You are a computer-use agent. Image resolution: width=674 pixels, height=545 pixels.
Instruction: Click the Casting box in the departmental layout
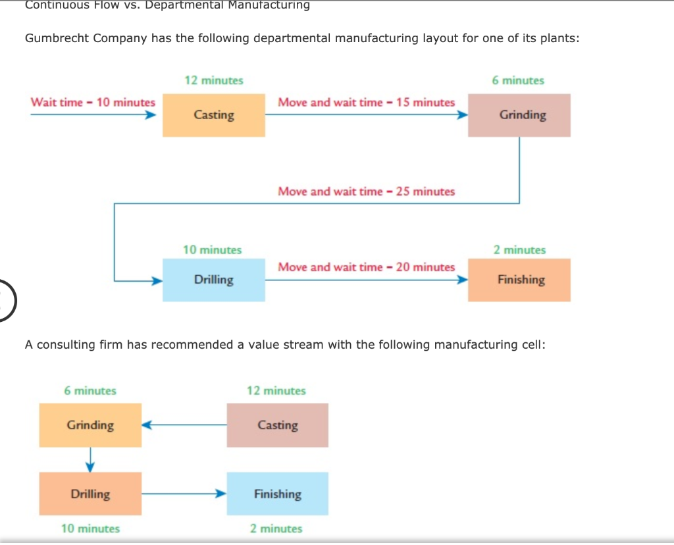point(214,115)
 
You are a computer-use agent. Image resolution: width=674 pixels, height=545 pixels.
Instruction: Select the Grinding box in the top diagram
point(519,115)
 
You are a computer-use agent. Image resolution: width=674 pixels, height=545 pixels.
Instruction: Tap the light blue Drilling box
point(214,280)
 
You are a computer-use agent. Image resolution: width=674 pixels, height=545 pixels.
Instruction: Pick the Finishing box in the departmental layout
point(519,280)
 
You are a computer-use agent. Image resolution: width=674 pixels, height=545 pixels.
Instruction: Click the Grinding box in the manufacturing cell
point(90,425)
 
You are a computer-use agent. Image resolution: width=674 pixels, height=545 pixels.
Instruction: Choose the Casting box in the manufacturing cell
point(277,425)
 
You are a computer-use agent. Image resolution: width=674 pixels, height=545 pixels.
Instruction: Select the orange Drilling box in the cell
point(90,494)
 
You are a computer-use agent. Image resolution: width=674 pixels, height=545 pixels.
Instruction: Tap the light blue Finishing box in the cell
point(277,494)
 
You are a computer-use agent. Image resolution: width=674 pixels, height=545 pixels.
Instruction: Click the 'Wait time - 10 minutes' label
point(93,103)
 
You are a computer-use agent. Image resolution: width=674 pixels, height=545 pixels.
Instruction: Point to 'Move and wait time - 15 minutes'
point(366,103)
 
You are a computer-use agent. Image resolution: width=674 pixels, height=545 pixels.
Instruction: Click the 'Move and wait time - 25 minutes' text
point(366,192)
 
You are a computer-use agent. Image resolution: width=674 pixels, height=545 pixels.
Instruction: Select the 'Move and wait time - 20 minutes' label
point(366,267)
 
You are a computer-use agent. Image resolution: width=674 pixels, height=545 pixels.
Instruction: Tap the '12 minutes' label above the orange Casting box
point(214,80)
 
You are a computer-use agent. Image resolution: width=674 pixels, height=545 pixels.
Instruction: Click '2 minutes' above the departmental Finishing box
point(519,250)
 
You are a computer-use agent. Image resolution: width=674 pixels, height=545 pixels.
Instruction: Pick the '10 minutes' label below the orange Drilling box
point(90,528)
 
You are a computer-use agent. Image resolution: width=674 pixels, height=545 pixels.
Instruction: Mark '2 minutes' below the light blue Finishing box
point(276,528)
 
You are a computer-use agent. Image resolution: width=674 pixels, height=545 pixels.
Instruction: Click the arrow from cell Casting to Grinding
point(184,425)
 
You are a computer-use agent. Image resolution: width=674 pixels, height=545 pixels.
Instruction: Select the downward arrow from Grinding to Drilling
point(91,459)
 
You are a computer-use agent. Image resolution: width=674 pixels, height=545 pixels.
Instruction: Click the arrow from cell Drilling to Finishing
point(184,493)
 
